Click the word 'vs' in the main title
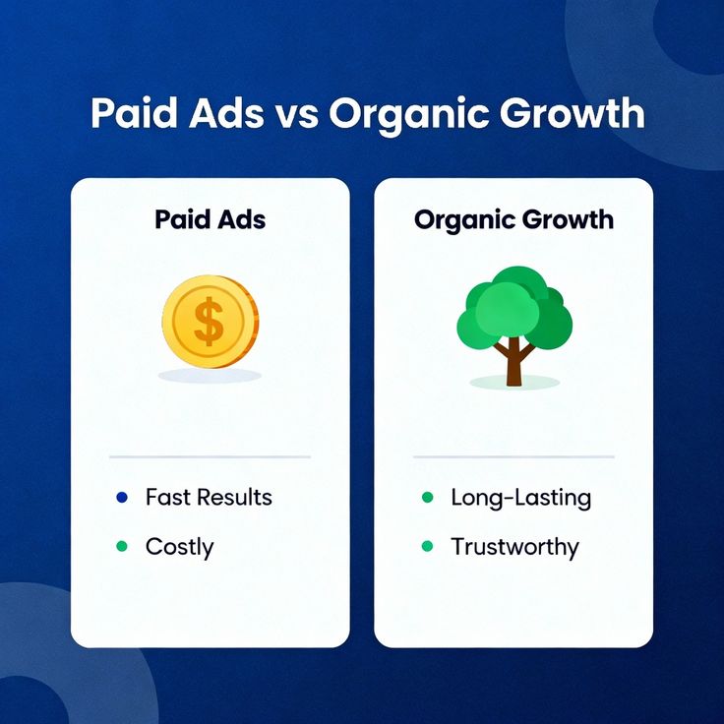click(296, 115)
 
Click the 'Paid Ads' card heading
click(210, 218)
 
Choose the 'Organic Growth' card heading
click(513, 218)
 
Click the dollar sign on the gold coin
click(209, 322)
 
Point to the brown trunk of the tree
click(513, 363)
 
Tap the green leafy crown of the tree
click(513, 306)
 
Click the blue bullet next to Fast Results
click(121, 498)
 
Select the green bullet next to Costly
click(121, 546)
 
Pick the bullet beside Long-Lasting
click(426, 498)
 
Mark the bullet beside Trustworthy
click(426, 546)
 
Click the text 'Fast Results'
click(209, 498)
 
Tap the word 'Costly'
click(179, 547)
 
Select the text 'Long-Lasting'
click(520, 498)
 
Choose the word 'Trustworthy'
click(514, 547)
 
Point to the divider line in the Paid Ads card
click(210, 456)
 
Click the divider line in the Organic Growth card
click(513, 456)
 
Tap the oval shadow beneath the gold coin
click(210, 376)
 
